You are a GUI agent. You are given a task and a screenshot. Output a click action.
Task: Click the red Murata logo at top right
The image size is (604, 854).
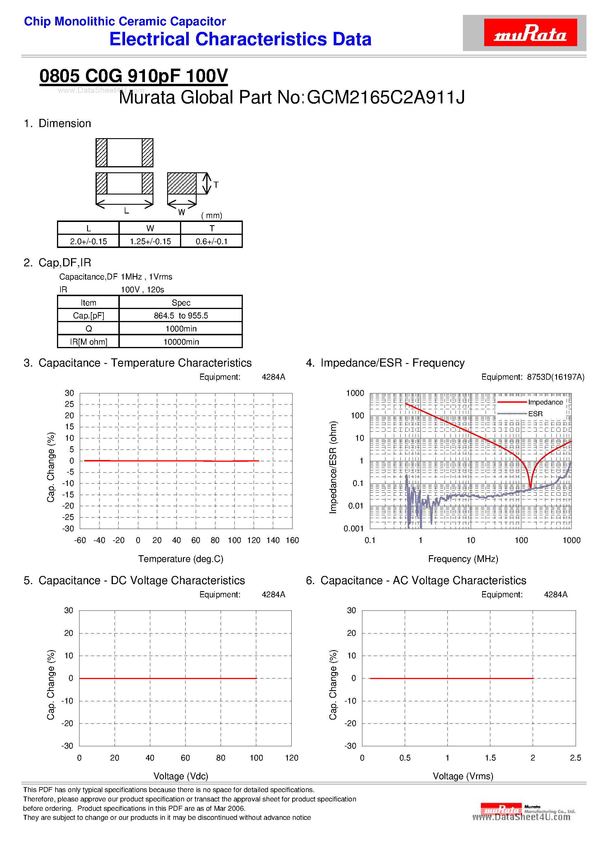pos(530,33)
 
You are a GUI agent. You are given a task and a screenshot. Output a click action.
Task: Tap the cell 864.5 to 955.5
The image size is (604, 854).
pos(181,316)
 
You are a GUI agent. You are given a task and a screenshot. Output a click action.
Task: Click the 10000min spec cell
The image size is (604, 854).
pos(181,342)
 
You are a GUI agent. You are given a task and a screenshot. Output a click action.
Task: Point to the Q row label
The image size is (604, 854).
pos(89,329)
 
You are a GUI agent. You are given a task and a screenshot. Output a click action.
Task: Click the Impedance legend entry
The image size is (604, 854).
pos(545,402)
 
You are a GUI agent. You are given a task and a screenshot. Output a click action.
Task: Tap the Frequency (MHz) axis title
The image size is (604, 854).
pos(463,559)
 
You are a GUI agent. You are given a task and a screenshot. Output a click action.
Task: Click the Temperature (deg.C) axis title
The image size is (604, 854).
pos(181,559)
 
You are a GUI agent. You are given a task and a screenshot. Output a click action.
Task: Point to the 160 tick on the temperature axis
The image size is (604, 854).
pos(292,540)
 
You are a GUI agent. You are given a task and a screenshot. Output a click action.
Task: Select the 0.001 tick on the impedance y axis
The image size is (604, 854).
pos(354,529)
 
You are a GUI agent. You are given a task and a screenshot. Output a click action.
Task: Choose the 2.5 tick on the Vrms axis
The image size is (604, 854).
pos(575,758)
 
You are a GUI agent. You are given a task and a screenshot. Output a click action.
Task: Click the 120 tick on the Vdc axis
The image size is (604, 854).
pos(292,758)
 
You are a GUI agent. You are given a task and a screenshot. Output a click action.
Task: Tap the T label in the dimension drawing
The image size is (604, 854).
pos(216,185)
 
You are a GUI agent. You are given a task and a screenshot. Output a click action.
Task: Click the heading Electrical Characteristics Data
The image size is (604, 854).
pos(240,39)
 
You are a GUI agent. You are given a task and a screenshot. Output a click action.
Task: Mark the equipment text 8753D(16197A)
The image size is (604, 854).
pos(555,377)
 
